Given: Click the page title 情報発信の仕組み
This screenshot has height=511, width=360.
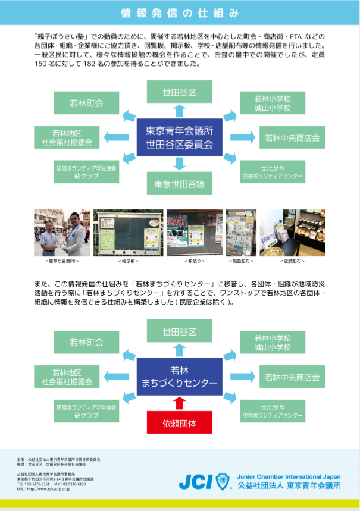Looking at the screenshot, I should click(180, 12).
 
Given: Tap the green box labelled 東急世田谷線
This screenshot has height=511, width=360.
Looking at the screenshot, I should click(180, 184).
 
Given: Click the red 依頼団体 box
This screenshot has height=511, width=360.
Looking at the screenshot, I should click(180, 424).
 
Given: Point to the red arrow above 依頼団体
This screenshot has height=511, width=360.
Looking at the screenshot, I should click(180, 404).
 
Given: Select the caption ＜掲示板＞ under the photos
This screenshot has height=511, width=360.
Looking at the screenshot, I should click(128, 261).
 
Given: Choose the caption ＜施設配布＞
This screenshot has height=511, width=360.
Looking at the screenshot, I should click(241, 261).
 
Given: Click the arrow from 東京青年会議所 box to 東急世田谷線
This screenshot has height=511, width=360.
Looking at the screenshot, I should click(180, 164).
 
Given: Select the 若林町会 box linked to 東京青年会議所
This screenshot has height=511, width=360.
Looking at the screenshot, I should click(86, 103).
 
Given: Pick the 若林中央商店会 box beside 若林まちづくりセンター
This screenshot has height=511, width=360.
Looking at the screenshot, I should click(292, 377).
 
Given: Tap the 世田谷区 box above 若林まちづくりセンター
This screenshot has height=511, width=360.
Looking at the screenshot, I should click(180, 331).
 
